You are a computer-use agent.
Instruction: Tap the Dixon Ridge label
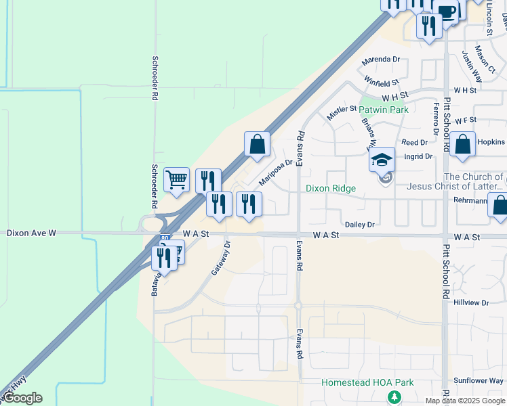pos(330,188)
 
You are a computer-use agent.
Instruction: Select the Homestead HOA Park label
pos(367,382)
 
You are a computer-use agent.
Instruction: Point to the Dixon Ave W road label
pos(31,233)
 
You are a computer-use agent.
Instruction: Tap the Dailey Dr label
pos(360,224)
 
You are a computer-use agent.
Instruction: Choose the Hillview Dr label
pos(471,302)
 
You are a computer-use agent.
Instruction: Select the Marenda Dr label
pos(380,60)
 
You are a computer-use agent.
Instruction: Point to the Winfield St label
pos(381,82)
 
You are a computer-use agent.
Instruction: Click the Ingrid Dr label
pos(418,156)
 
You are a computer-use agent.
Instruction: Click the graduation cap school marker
pos(382,160)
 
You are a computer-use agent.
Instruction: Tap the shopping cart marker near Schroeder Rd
pos(176,179)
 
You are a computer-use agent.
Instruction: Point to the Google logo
pos(22,398)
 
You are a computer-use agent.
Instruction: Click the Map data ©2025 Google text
pos(466,401)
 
